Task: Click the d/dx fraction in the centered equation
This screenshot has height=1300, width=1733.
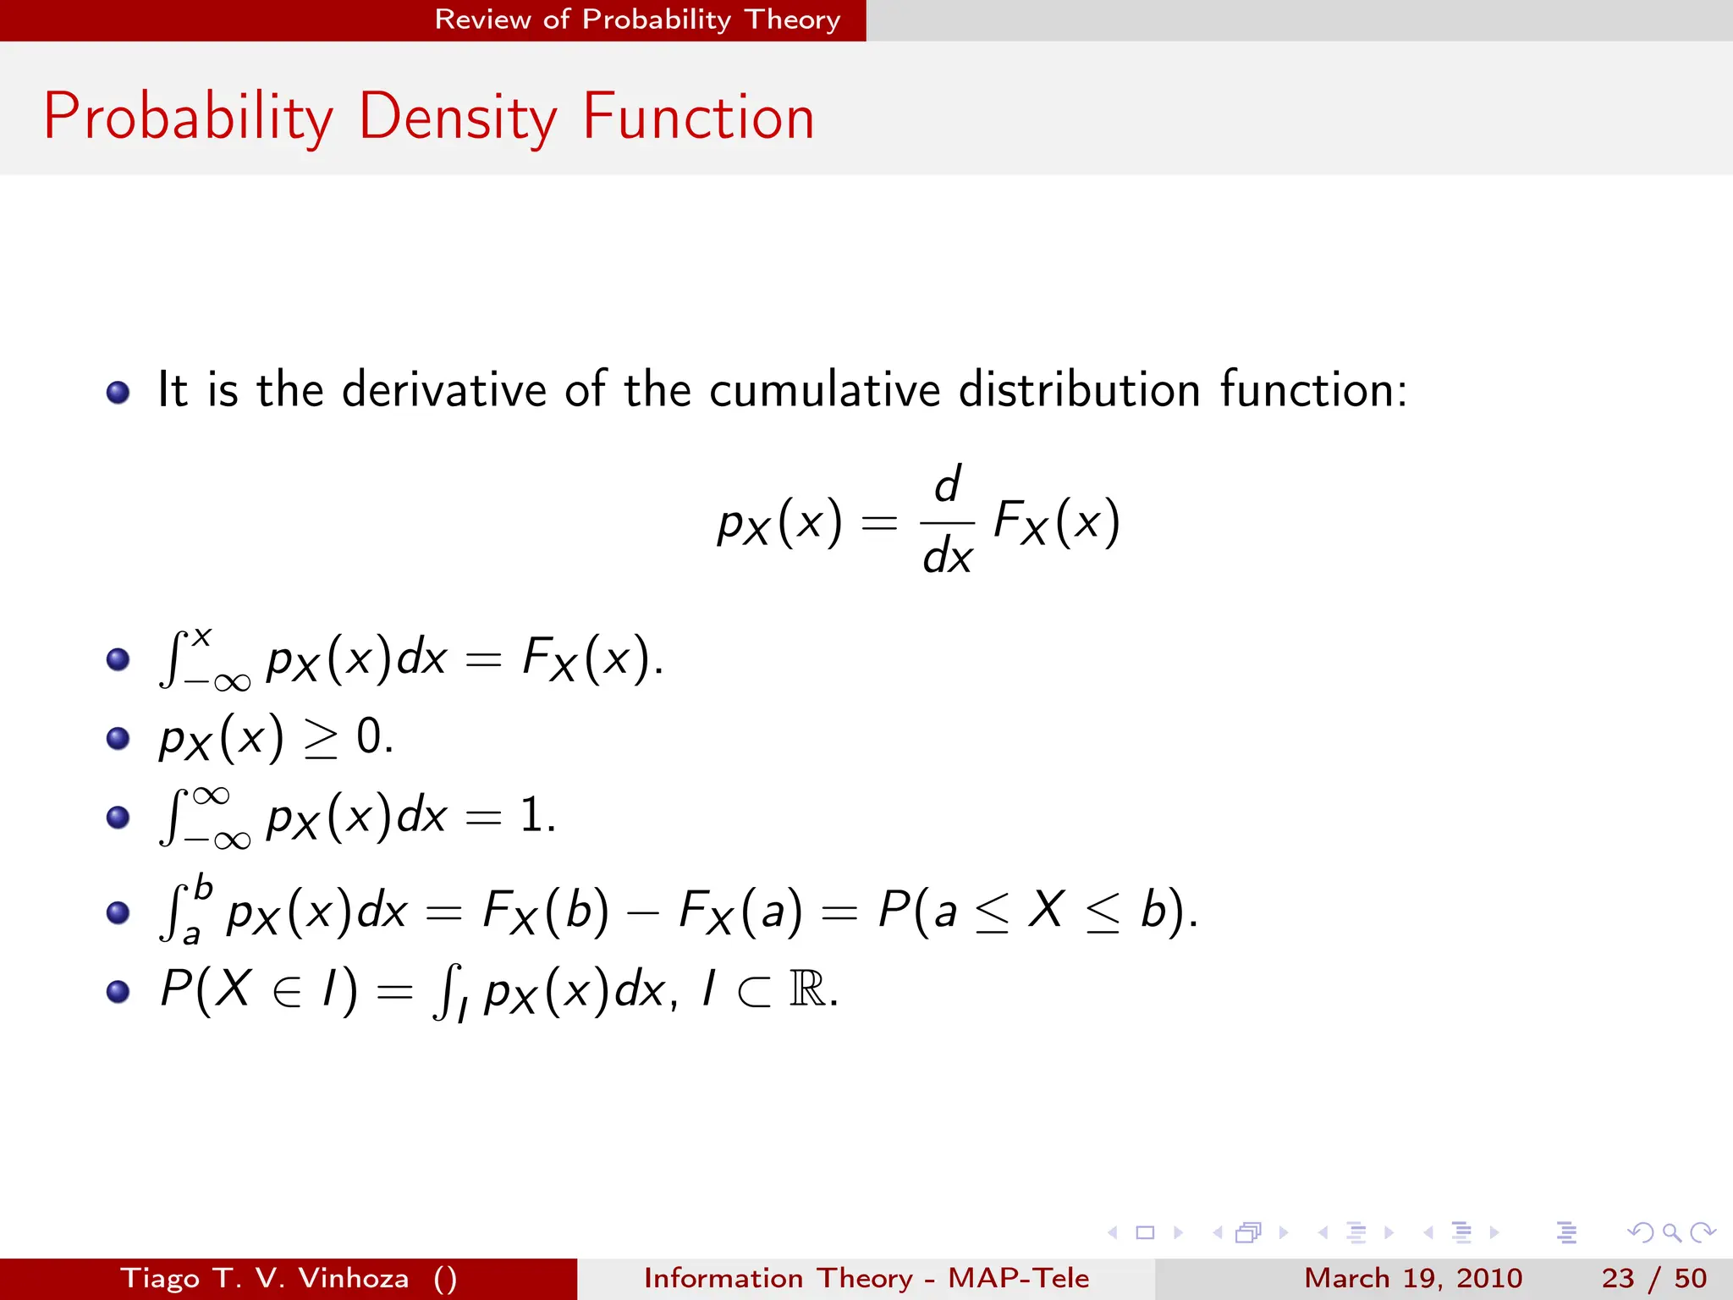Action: point(947,521)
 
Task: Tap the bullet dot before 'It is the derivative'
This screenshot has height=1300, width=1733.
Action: point(118,392)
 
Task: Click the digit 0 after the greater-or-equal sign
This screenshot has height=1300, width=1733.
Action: point(369,736)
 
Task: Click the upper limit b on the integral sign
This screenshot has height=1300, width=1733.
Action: point(203,888)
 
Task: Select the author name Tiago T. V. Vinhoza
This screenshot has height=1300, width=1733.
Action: point(265,1278)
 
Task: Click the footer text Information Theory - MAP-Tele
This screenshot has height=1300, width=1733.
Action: point(866,1278)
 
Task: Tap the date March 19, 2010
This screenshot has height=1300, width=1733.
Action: point(1413,1278)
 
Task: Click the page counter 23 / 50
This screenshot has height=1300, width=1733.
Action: point(1653,1278)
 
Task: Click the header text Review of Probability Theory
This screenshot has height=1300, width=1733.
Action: point(637,19)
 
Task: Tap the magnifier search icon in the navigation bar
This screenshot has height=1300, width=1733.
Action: point(1671,1232)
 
